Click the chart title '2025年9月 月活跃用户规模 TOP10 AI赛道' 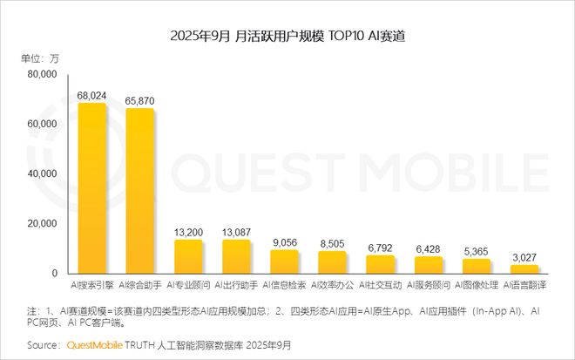point(287,37)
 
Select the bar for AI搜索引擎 point(92,187)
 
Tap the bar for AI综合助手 point(140,191)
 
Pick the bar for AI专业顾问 point(188,256)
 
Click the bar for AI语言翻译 point(524,269)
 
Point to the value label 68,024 point(92,94)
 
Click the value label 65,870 point(140,100)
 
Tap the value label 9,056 point(284,241)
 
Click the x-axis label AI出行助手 point(236,286)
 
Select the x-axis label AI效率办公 point(332,286)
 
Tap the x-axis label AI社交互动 point(381,286)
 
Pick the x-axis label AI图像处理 point(477,286)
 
